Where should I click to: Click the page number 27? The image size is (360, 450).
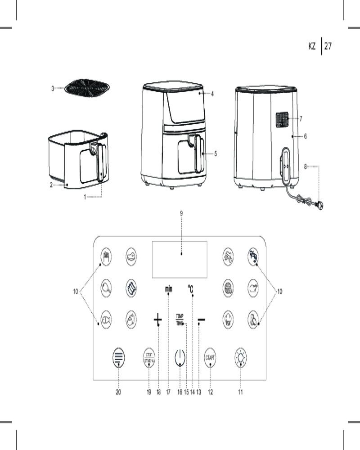coord(328,46)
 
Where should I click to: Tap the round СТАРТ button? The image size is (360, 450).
coord(210,359)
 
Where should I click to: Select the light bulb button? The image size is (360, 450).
coord(241,359)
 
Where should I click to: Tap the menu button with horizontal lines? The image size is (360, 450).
coord(118,359)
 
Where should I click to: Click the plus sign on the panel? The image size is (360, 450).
coord(157,320)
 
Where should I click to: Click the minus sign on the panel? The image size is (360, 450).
coord(201,320)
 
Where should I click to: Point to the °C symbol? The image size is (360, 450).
coord(191,289)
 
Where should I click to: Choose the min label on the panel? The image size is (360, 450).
coord(168,289)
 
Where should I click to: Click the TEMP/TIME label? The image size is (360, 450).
coord(180,319)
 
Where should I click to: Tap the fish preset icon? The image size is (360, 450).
coord(106,320)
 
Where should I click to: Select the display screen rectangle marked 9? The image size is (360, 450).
coord(180,260)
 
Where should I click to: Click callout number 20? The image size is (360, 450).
coord(118,392)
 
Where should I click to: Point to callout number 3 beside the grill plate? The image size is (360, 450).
coord(52,88)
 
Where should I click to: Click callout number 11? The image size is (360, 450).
coord(241,392)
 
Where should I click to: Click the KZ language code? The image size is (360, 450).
coord(312,46)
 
